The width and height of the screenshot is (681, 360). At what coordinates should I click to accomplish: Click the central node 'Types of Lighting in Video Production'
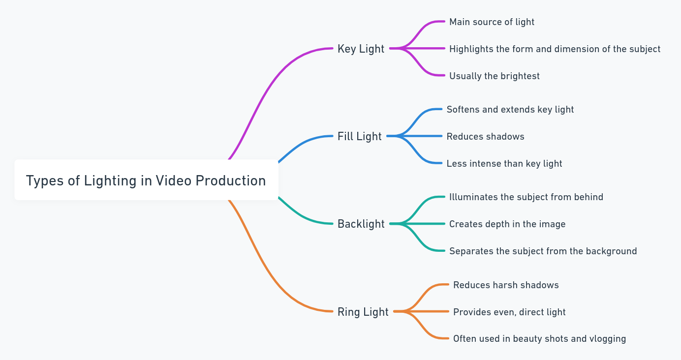[x=146, y=180]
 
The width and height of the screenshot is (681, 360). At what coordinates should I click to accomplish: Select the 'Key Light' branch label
[x=361, y=49]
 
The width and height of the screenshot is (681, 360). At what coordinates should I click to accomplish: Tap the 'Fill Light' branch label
[x=359, y=136]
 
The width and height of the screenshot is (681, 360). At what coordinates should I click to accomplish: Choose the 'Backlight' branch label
[x=361, y=224]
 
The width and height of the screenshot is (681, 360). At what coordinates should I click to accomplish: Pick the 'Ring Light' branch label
[x=363, y=312]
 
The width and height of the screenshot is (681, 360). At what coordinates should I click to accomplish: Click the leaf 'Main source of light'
[x=492, y=22]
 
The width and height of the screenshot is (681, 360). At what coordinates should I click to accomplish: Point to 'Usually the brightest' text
[x=494, y=76]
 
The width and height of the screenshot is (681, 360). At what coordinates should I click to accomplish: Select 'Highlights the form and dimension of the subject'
[x=555, y=49]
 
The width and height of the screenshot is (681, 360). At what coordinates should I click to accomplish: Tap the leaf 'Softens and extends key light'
[x=510, y=109]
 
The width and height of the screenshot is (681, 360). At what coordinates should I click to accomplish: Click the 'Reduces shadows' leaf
[x=485, y=137]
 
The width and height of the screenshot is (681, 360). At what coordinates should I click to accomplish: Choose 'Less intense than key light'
[x=504, y=164]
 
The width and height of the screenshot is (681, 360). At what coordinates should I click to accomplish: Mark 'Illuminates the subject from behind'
[x=526, y=197]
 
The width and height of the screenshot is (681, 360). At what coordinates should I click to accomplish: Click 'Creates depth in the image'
[x=507, y=224]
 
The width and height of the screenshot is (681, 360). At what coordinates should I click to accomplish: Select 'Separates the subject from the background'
[x=543, y=251]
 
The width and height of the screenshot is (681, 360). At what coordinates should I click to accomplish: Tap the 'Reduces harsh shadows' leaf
[x=506, y=285]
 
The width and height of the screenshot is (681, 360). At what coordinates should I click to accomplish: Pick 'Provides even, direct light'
[x=509, y=312]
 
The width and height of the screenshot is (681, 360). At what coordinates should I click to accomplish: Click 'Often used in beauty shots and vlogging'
[x=539, y=339]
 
